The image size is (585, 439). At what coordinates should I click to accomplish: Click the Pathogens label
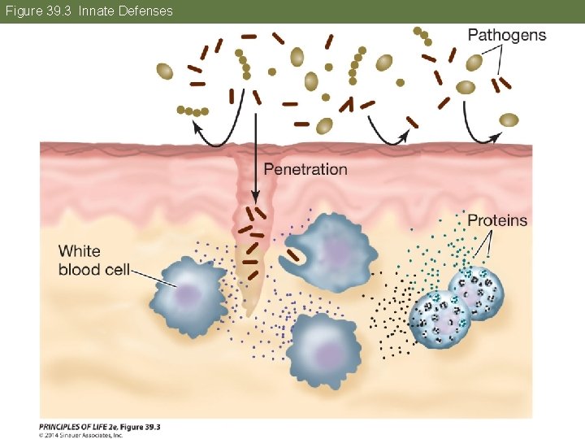pos(507,35)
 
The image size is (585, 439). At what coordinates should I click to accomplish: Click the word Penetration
pos(305,170)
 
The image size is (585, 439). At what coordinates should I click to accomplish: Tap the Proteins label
pos(497,220)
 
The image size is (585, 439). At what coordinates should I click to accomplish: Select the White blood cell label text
pos(93,260)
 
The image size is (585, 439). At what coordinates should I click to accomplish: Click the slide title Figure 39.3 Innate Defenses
pos(89,11)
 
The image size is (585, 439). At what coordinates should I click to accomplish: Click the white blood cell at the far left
pos(188,293)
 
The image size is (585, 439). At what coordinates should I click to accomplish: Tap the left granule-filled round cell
pos(439,319)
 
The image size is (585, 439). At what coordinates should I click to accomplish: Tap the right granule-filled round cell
pos(476,293)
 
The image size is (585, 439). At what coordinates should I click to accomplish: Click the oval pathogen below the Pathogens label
pos(466,87)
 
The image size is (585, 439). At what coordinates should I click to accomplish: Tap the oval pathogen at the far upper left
pos(165,72)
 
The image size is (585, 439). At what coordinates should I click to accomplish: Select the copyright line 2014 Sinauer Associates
pos(81,435)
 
